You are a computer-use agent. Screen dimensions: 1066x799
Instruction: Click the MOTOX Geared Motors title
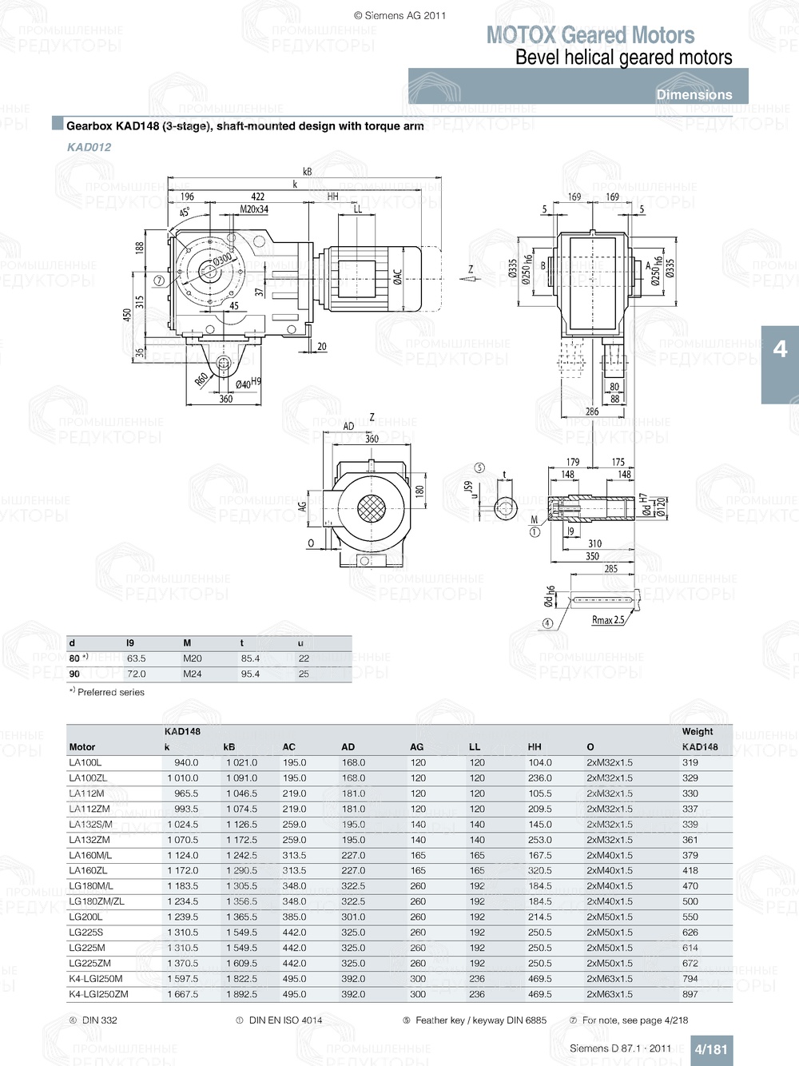click(x=590, y=35)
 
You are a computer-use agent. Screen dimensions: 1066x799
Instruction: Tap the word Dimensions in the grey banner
click(x=694, y=94)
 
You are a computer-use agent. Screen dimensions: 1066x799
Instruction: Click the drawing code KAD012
click(x=89, y=147)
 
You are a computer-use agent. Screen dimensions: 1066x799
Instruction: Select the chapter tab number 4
click(x=780, y=349)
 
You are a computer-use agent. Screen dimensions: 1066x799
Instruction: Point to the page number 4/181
click(x=710, y=1049)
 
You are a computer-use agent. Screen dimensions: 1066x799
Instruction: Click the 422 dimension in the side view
click(x=257, y=197)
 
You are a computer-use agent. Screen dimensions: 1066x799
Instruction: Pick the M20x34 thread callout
click(x=254, y=209)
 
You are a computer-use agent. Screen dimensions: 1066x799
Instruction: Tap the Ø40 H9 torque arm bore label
click(x=248, y=384)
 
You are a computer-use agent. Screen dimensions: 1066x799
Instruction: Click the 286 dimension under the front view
click(x=591, y=412)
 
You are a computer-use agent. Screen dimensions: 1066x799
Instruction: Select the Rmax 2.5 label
click(x=608, y=620)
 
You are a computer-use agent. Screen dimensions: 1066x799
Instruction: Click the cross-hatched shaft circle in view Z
click(x=370, y=508)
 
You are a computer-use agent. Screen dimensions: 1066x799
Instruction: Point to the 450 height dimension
click(x=127, y=316)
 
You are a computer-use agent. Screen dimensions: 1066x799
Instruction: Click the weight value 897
click(x=690, y=994)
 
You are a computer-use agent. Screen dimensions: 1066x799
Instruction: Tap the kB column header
click(x=229, y=747)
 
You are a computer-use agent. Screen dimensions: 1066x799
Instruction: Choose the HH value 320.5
click(x=539, y=870)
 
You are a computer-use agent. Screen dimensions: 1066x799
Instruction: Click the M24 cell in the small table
click(x=192, y=674)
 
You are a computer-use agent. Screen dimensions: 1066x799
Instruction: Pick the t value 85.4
click(x=250, y=658)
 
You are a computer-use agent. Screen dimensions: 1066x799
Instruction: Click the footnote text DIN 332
click(x=99, y=1020)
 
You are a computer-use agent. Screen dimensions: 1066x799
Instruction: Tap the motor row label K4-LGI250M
click(x=96, y=979)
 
